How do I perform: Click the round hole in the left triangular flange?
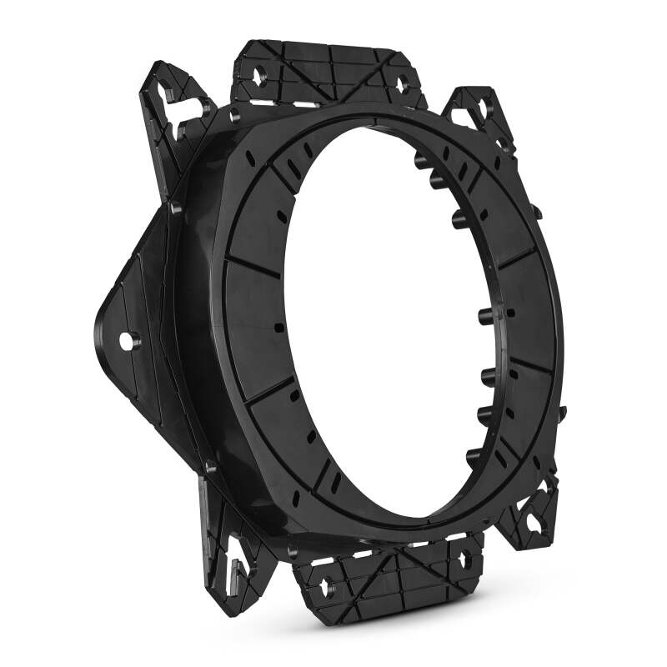point(126,341)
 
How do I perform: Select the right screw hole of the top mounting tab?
point(401,83)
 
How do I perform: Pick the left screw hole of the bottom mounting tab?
point(325,581)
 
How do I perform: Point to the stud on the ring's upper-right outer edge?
point(537,213)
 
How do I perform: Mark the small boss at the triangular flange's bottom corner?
point(210,468)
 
